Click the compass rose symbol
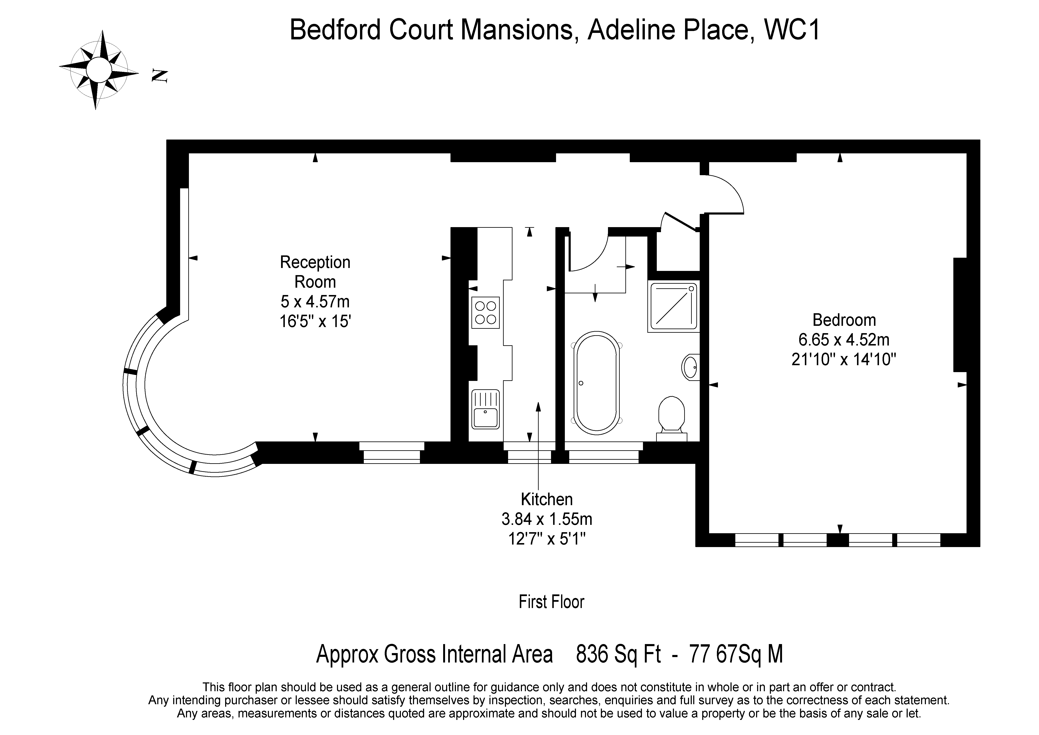(x=99, y=70)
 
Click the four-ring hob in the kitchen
(x=485, y=312)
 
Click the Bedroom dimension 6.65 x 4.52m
(x=844, y=339)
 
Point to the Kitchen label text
(x=547, y=499)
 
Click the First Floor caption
(x=551, y=602)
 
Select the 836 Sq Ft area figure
(x=618, y=655)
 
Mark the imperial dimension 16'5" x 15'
(x=315, y=321)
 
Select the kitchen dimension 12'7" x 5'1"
(x=547, y=539)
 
